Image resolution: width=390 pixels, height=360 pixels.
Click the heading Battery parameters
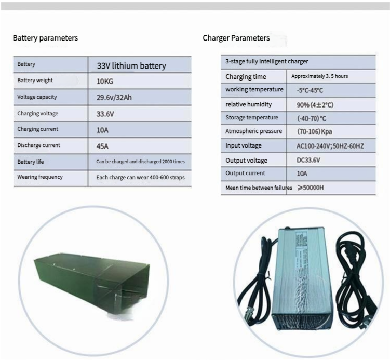tap(45, 38)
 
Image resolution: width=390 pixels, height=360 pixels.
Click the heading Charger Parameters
tap(236, 38)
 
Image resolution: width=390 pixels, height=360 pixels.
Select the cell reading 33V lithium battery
tap(131, 65)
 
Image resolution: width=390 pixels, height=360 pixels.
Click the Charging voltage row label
tap(38, 113)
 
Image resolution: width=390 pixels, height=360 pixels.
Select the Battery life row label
tap(31, 162)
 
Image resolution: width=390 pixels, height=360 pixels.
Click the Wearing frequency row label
tap(40, 177)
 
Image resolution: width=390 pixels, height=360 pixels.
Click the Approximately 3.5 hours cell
tap(319, 76)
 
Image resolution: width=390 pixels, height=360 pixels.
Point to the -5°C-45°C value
tap(311, 90)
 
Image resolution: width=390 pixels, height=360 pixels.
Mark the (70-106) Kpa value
tap(315, 131)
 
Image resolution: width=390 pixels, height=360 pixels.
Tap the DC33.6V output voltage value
tap(308, 161)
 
